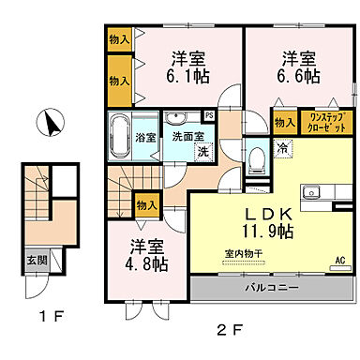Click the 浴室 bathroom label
point(146,138)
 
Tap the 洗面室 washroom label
point(187,137)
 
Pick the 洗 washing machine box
point(202,152)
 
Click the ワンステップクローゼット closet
point(327,121)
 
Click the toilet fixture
point(255,159)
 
